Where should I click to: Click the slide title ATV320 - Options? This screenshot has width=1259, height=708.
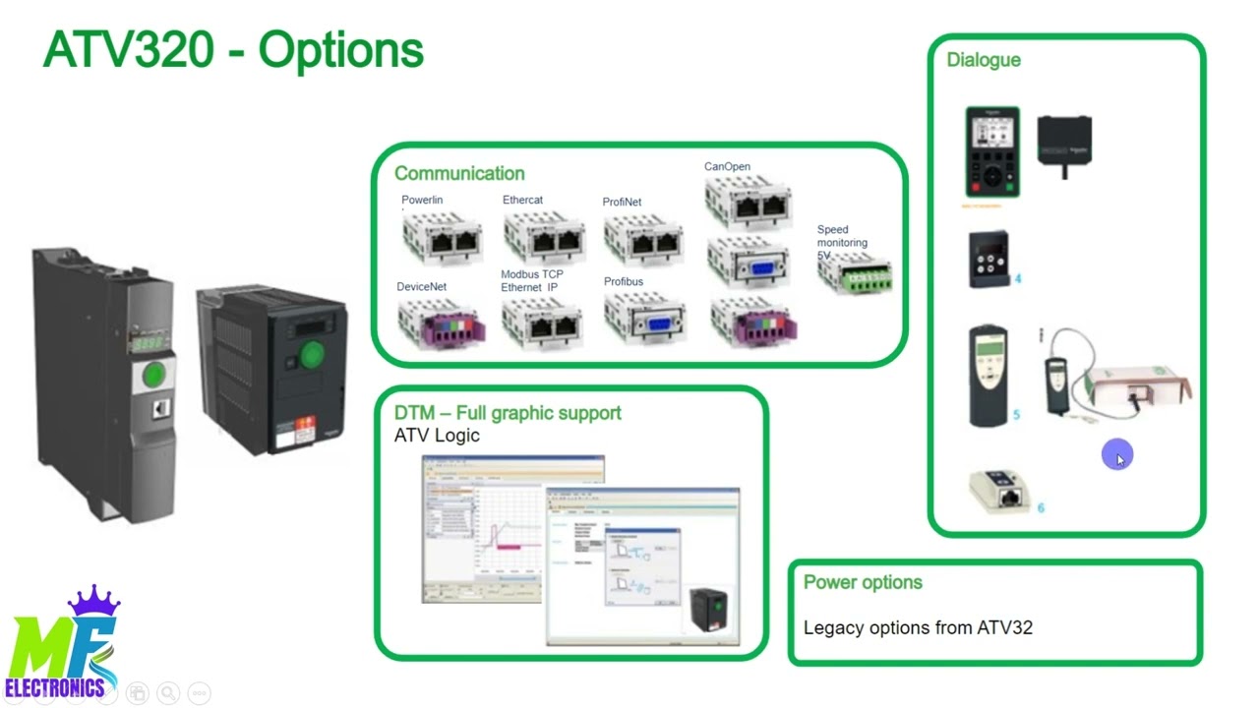tap(233, 50)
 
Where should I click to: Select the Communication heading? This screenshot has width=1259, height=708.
tap(459, 173)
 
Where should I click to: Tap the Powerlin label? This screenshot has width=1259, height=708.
tap(422, 200)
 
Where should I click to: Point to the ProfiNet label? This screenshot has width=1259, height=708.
tap(622, 202)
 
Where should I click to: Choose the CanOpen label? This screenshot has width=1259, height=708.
tap(727, 166)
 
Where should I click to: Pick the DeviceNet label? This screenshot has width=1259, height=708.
tap(422, 287)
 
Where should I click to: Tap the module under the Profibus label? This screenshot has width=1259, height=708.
tap(644, 318)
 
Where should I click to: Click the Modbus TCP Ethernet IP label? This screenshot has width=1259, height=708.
tap(532, 281)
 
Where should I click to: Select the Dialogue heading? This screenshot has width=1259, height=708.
tap(984, 60)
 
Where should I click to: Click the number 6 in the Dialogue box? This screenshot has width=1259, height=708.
tap(1041, 507)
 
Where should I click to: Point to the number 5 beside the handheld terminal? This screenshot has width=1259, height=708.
tap(1016, 414)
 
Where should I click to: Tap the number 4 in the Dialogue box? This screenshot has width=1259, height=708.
tap(1018, 278)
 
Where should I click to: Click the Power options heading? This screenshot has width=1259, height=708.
tap(863, 582)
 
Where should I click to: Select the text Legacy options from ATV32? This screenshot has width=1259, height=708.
tap(918, 627)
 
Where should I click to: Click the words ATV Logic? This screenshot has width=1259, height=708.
tap(437, 436)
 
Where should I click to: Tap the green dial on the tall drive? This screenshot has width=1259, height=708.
tap(154, 375)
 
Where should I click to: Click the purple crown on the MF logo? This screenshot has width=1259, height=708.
tap(93, 601)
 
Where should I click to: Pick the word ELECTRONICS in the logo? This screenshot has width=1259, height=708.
tap(55, 687)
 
